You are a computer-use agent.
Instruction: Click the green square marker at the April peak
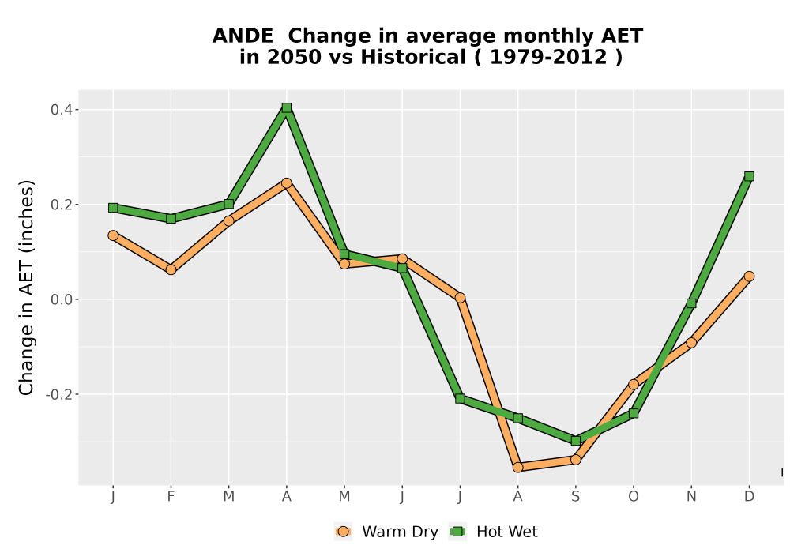pyautogui.click(x=287, y=107)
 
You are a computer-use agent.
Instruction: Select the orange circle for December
pyautogui.click(x=749, y=276)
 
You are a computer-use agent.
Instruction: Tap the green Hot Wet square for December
pyautogui.click(x=749, y=176)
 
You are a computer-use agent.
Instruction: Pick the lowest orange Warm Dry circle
pyautogui.click(x=518, y=468)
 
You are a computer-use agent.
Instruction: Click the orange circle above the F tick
pyautogui.click(x=171, y=269)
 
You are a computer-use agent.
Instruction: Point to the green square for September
pyautogui.click(x=576, y=441)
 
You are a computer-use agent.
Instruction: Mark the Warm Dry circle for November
pyautogui.click(x=691, y=343)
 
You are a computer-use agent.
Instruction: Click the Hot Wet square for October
pyautogui.click(x=634, y=413)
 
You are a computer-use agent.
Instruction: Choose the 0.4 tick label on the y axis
pyautogui.click(x=62, y=109)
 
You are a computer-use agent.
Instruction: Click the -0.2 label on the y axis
pyautogui.click(x=59, y=394)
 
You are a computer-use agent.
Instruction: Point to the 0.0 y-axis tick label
pyautogui.click(x=62, y=299)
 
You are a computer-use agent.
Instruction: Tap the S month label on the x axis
pyautogui.click(x=576, y=497)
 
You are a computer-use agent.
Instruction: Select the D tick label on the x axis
pyautogui.click(x=749, y=497)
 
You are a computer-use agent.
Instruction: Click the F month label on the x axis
pyautogui.click(x=171, y=497)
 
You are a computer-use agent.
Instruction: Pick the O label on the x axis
pyautogui.click(x=634, y=497)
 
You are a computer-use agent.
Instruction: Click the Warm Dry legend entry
pyautogui.click(x=386, y=532)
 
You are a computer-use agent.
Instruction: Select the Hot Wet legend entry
pyautogui.click(x=493, y=532)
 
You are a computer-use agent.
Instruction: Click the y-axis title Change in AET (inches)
pyautogui.click(x=26, y=287)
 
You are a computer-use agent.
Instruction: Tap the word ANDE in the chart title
pyautogui.click(x=243, y=36)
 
